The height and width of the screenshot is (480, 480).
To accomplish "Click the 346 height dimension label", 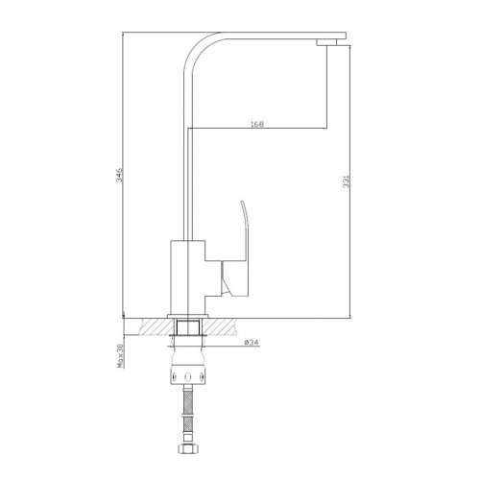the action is pyautogui.click(x=119, y=175).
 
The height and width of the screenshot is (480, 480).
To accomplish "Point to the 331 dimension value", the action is pyautogui.click(x=347, y=181).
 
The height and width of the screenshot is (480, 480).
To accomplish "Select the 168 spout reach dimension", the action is pyautogui.click(x=257, y=124).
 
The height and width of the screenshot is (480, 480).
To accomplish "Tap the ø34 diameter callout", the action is pyautogui.click(x=252, y=343).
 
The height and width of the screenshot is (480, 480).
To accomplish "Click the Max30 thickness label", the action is pyautogui.click(x=120, y=356).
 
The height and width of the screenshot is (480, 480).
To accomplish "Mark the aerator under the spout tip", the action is pyautogui.click(x=326, y=42).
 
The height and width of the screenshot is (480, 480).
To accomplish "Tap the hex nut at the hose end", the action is pyautogui.click(x=187, y=448).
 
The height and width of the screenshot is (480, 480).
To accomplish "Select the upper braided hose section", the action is pyautogui.click(x=187, y=400).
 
